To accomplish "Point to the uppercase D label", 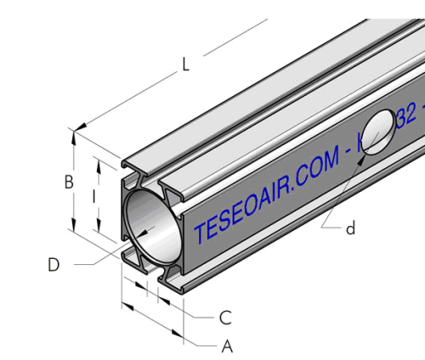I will point(54,265).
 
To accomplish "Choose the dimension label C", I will point(225,318).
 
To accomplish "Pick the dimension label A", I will point(227,346).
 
